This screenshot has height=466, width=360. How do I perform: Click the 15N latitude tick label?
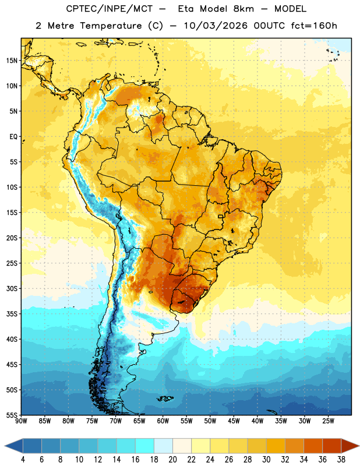point(12,61)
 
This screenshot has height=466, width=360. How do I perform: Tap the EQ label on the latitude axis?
point(13,137)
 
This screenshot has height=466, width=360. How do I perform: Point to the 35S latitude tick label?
point(12,314)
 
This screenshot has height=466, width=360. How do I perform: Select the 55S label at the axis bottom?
point(12,415)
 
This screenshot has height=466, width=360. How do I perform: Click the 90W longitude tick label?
point(21,421)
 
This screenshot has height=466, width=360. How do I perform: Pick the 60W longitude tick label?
point(163,421)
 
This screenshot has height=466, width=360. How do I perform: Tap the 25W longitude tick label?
point(328,421)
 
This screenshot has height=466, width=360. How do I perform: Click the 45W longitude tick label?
point(234,421)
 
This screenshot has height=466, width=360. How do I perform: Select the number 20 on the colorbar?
point(172,460)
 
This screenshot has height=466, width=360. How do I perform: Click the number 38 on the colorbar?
point(341,460)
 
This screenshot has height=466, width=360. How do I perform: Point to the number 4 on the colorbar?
point(23,460)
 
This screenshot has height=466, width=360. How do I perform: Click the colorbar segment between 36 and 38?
point(332,446)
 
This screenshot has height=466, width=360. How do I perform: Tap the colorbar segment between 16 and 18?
point(145,446)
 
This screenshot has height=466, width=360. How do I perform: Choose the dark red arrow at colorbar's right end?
point(350,446)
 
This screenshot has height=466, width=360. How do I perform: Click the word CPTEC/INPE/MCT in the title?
point(109,9)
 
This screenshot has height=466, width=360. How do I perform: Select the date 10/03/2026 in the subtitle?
point(216,26)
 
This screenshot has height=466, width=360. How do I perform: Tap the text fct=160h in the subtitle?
point(314,26)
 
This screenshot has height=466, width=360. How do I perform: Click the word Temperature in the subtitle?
point(111,26)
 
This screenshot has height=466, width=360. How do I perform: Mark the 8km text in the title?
point(243,9)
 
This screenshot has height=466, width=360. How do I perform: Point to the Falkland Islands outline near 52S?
point(165,398)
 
